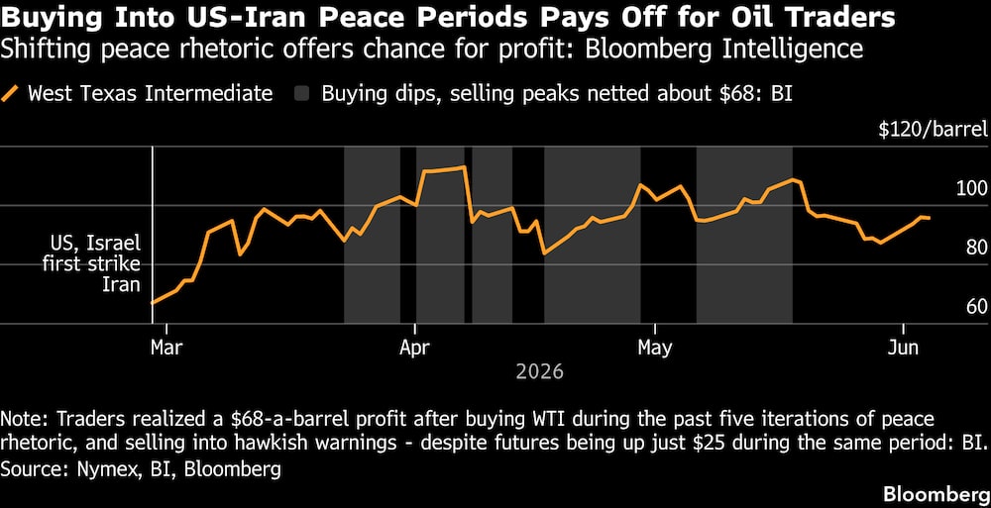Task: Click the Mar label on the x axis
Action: click(x=165, y=348)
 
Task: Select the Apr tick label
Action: click(x=414, y=348)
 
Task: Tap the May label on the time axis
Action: click(x=655, y=348)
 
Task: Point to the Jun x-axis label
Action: click(x=903, y=348)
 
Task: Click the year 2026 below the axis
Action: click(x=539, y=371)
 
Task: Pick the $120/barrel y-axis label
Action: click(x=933, y=130)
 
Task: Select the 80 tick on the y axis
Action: click(x=976, y=247)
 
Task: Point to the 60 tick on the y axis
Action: click(x=976, y=306)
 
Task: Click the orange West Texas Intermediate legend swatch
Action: click(x=11, y=94)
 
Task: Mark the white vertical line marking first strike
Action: click(x=153, y=235)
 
